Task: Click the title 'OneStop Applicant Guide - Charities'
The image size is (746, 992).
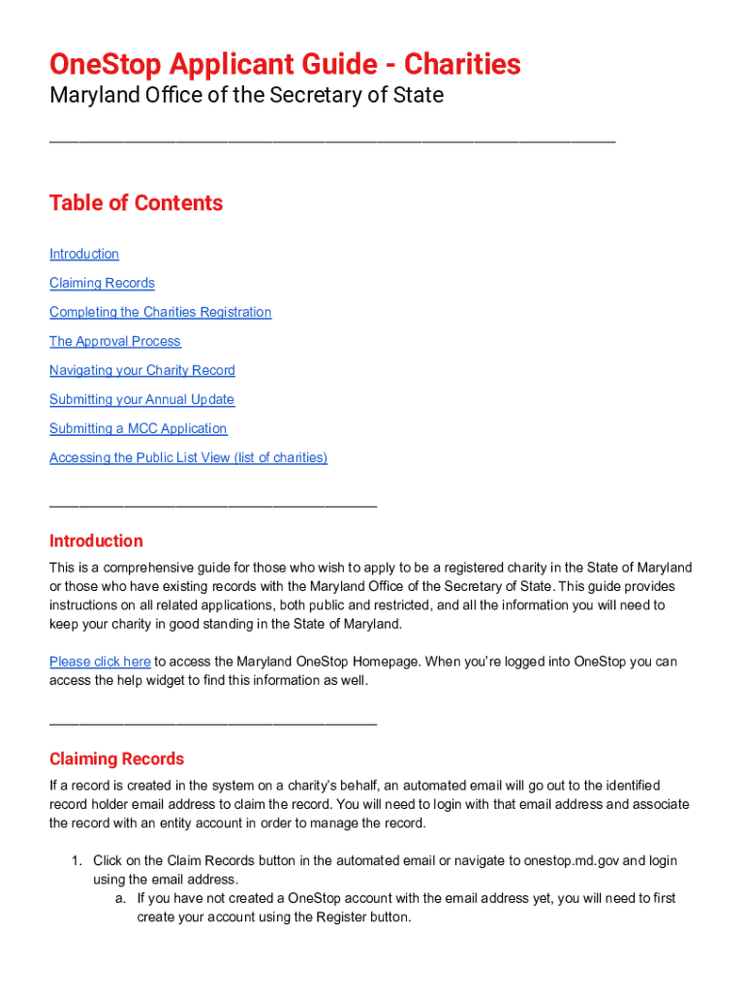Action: [285, 65]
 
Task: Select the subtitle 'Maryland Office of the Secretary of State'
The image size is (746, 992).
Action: [246, 96]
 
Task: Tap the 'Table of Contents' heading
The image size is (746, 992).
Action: [136, 203]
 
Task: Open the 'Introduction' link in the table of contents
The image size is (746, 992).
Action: [84, 254]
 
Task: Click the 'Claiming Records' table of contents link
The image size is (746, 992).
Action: [102, 283]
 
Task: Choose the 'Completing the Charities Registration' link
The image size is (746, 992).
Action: [160, 312]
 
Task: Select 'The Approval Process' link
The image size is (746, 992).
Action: [114, 341]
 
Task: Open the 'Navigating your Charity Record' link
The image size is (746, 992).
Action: [141, 370]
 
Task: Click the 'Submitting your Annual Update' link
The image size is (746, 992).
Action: [141, 399]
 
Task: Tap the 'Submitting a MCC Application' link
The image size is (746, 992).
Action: [138, 428]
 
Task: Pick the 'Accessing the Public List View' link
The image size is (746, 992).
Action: [188, 457]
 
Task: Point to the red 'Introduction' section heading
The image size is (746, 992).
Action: [96, 541]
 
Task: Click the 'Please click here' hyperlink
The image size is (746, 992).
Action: [100, 662]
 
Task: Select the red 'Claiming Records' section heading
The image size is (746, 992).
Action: [116, 759]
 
